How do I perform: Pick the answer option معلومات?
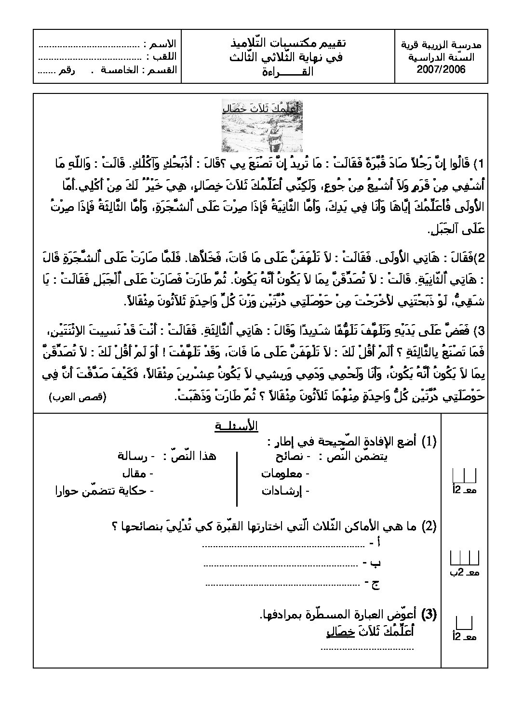(x=282, y=473)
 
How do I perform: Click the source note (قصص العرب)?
(x=77, y=396)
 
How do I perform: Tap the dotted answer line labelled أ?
(x=282, y=546)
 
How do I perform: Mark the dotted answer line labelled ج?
(x=282, y=583)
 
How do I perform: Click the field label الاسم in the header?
(x=162, y=45)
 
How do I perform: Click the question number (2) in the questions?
(x=429, y=526)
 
